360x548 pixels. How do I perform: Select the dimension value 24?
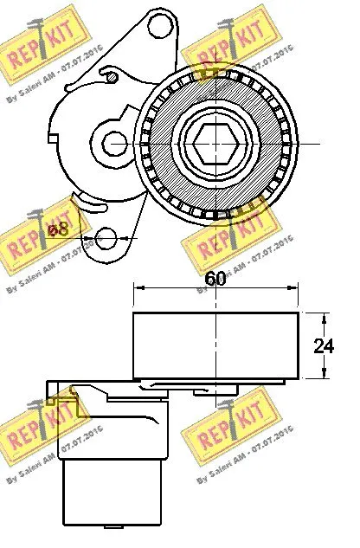pyautogui.click(x=324, y=346)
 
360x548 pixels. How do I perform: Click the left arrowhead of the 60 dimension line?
pyautogui.click(x=137, y=290)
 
